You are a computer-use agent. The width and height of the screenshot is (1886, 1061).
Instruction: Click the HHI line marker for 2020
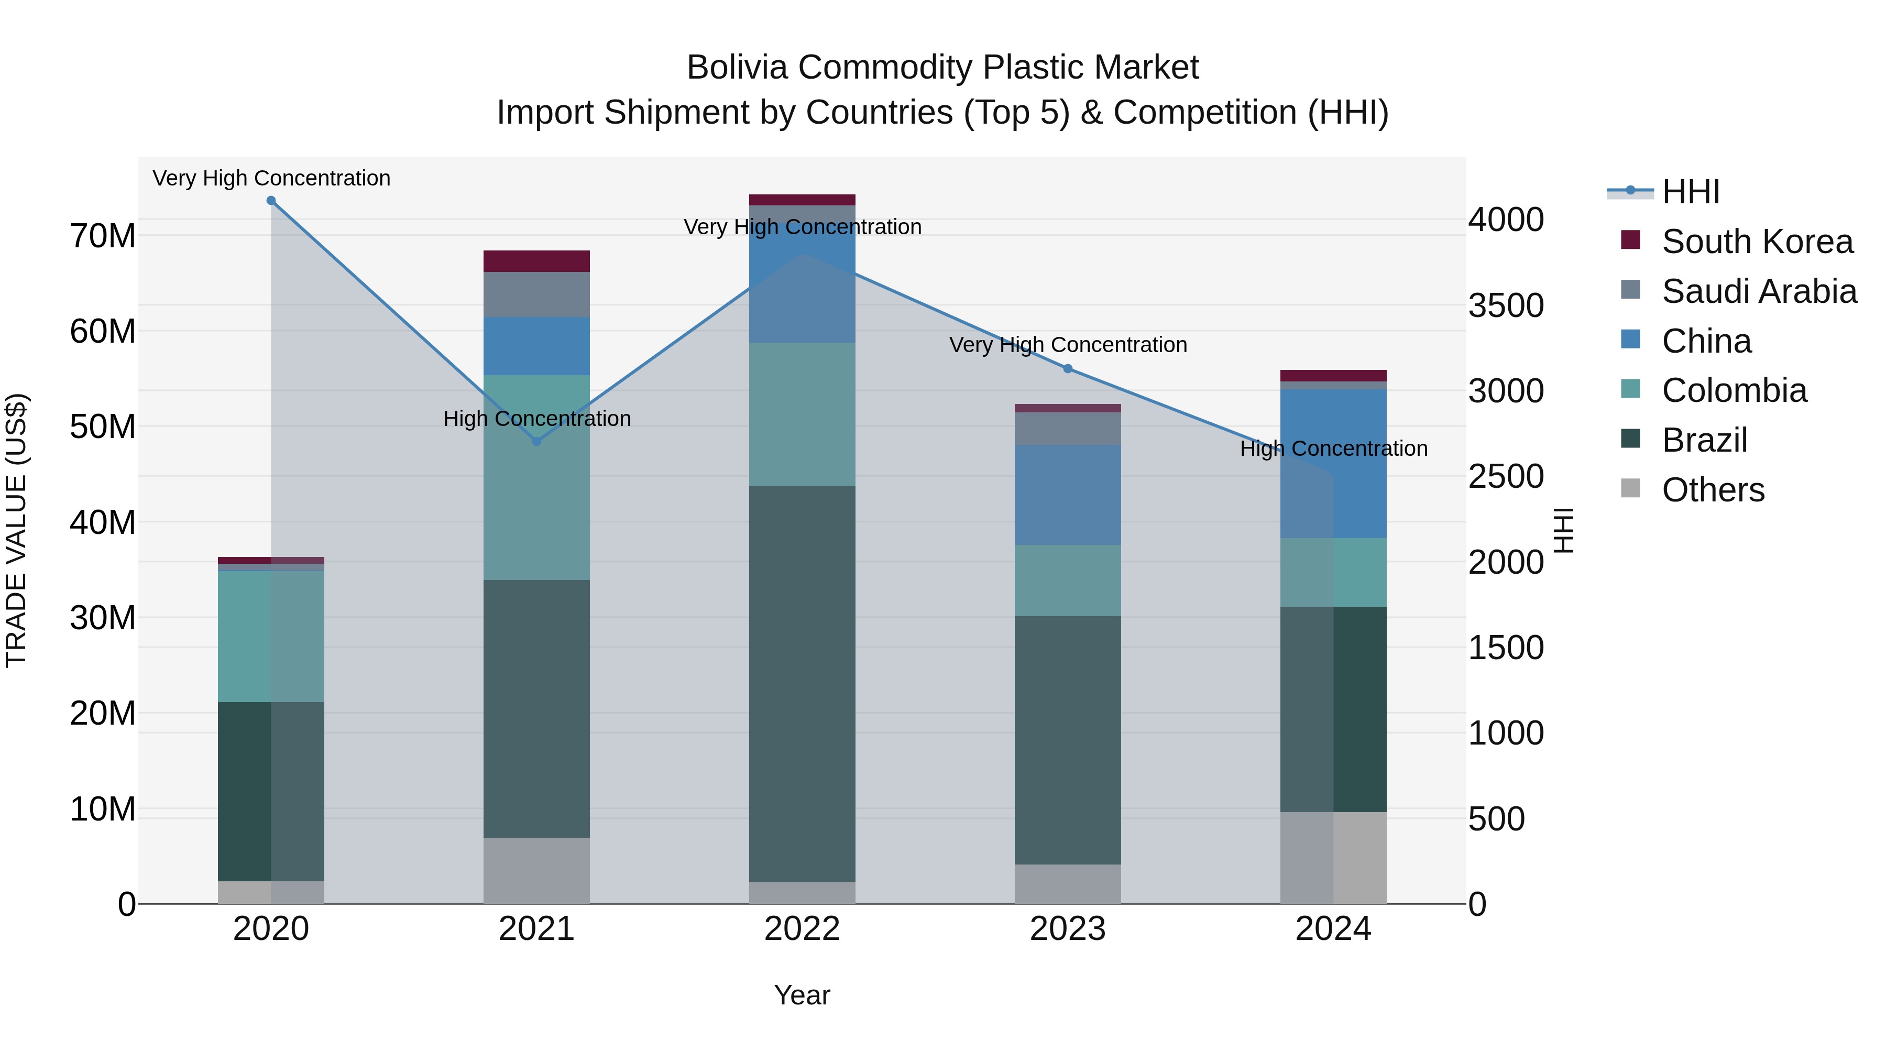271,201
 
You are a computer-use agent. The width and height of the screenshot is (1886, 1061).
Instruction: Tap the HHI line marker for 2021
536,442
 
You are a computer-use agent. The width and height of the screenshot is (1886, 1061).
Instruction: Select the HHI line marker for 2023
1068,369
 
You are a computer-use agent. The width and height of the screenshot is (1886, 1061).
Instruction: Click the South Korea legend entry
1757,242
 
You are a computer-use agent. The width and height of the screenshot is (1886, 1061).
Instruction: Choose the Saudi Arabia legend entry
1759,291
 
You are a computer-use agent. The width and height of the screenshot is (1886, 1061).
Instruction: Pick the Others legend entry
1713,490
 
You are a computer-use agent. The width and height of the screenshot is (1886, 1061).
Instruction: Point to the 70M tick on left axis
103,236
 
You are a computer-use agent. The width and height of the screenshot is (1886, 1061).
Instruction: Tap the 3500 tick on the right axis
1506,306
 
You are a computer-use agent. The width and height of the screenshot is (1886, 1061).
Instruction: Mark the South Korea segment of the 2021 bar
536,261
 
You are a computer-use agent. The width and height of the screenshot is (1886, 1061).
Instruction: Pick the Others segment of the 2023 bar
1068,884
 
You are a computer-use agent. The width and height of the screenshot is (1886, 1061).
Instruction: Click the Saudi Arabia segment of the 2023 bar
1068,429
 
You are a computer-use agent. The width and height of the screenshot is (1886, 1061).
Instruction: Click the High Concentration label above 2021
536,419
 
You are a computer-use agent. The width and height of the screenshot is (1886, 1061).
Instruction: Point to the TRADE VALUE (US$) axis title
17,530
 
